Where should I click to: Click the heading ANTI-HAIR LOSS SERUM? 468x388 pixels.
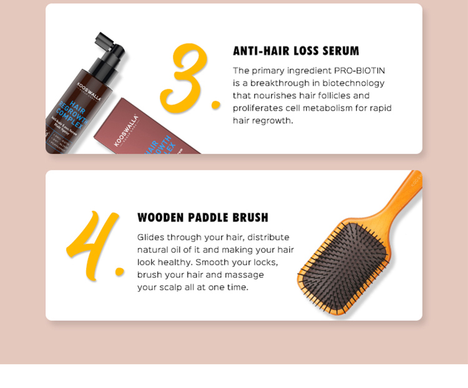(296, 51)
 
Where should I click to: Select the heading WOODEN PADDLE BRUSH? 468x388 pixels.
(203, 218)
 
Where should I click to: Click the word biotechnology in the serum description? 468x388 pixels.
(351, 83)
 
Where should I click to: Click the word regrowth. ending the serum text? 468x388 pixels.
(272, 120)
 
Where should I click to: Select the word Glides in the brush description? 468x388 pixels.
(150, 237)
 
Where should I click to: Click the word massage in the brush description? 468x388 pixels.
(243, 274)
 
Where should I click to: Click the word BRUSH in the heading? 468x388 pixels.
(250, 218)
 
